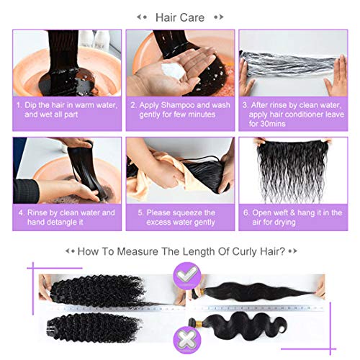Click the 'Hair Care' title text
(180, 17)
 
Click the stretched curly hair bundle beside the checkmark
(101, 285)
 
